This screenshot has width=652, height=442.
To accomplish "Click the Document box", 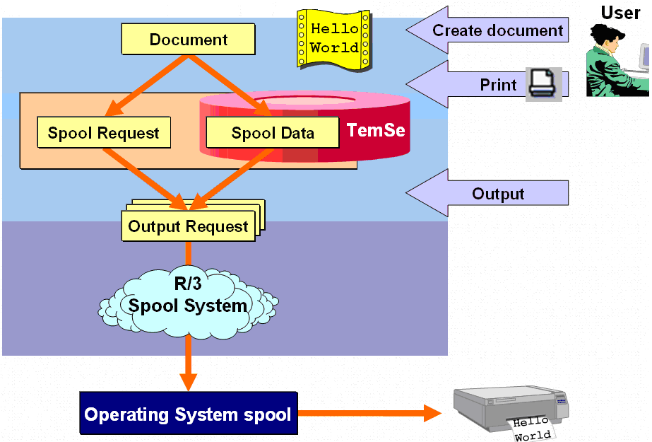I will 188,40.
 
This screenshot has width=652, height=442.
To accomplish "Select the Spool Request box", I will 104,133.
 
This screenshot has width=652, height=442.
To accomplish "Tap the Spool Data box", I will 273,133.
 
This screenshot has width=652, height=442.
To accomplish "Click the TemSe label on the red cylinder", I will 376,130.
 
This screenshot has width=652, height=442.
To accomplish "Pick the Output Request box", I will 189,226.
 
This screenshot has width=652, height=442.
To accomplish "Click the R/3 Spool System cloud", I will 188,297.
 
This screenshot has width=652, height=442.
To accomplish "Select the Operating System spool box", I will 188,414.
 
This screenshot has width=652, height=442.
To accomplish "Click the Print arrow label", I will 498,85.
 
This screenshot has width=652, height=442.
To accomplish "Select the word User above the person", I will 620,12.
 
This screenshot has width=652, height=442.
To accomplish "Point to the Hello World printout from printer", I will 531,429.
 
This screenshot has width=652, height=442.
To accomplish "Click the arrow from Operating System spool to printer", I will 367,414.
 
